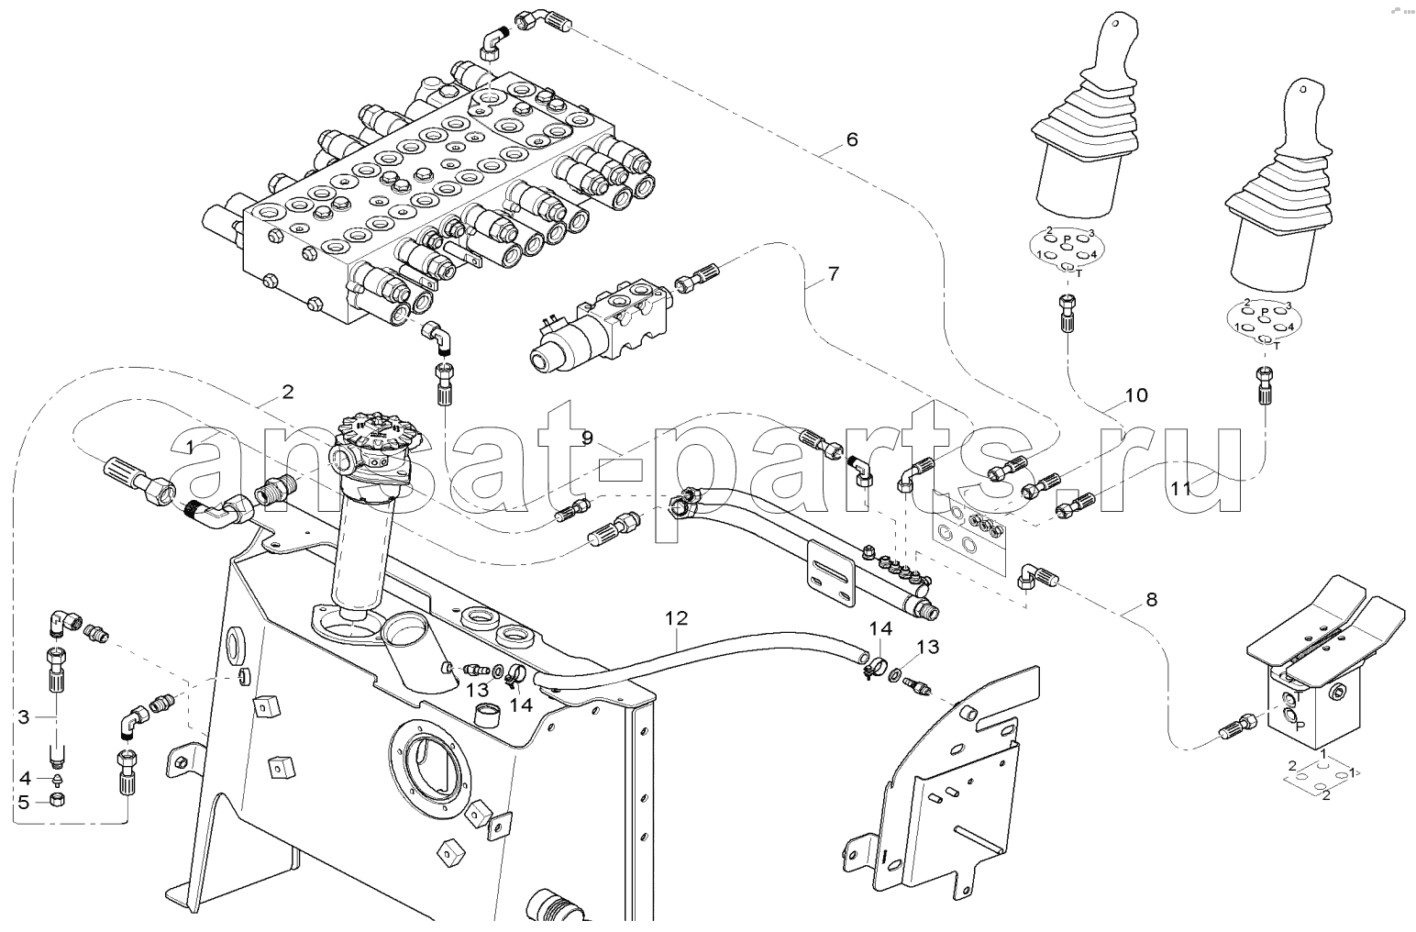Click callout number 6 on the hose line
pyautogui.click(x=851, y=139)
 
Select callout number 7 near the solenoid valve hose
pyautogui.click(x=832, y=273)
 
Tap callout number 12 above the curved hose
pyautogui.click(x=676, y=618)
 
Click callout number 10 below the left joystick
pyautogui.click(x=1135, y=395)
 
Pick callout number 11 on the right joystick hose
pyautogui.click(x=1180, y=489)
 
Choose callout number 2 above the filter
pyautogui.click(x=287, y=392)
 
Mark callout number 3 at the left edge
pyautogui.click(x=24, y=716)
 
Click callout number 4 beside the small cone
pyautogui.click(x=25, y=778)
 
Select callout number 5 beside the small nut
pyautogui.click(x=25, y=802)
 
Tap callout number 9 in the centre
pyautogui.click(x=588, y=438)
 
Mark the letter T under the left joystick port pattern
pyautogui.click(x=1079, y=272)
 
